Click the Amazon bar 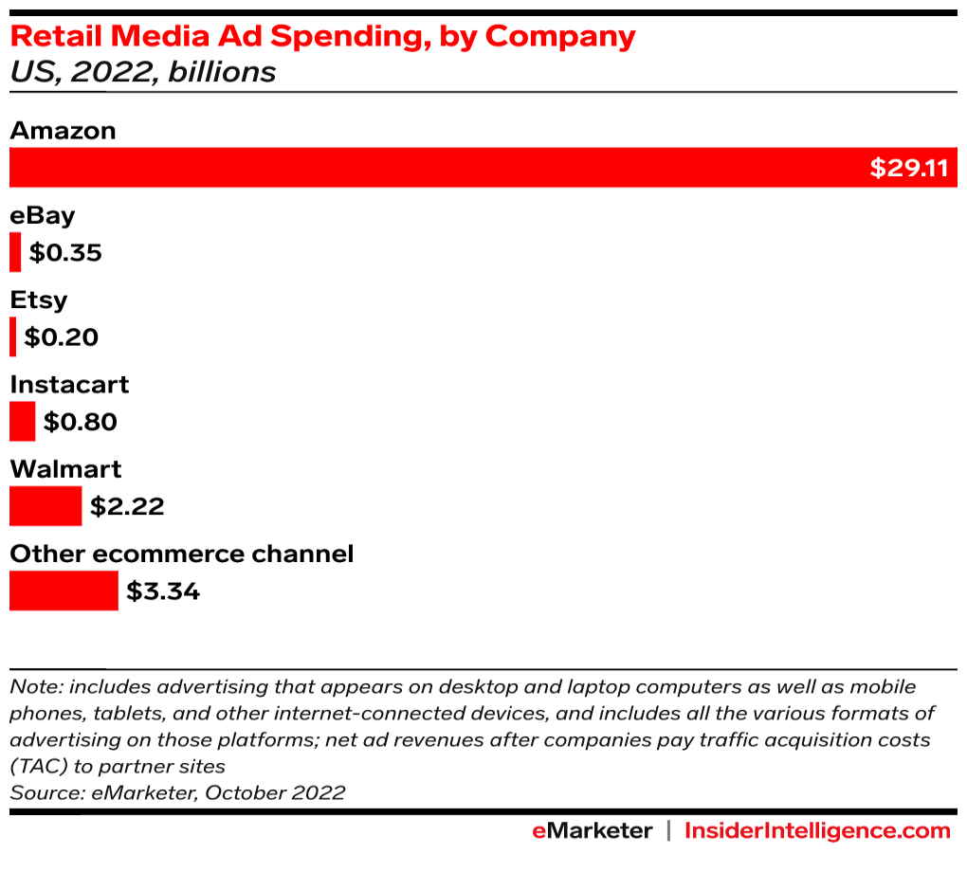pyautogui.click(x=436, y=168)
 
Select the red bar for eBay pyautogui.click(x=15, y=252)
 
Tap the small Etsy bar pyautogui.click(x=13, y=336)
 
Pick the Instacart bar pyautogui.click(x=23, y=421)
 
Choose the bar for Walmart pyautogui.click(x=46, y=505)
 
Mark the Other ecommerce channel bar pyautogui.click(x=64, y=590)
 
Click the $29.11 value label pyautogui.click(x=909, y=169)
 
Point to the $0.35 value pyautogui.click(x=65, y=253)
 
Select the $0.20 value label pyautogui.click(x=62, y=337)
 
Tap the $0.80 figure pyautogui.click(x=81, y=422)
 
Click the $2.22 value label pyautogui.click(x=127, y=506)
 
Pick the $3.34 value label pyautogui.click(x=163, y=591)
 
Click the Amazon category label pyautogui.click(x=63, y=131)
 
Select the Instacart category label pyautogui.click(x=69, y=385)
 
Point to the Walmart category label pyautogui.click(x=65, y=469)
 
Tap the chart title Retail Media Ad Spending pyautogui.click(x=322, y=36)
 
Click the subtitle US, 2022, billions pyautogui.click(x=143, y=72)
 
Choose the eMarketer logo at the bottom pyautogui.click(x=592, y=831)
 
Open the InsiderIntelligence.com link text pyautogui.click(x=817, y=831)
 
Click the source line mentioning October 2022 pyautogui.click(x=177, y=792)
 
